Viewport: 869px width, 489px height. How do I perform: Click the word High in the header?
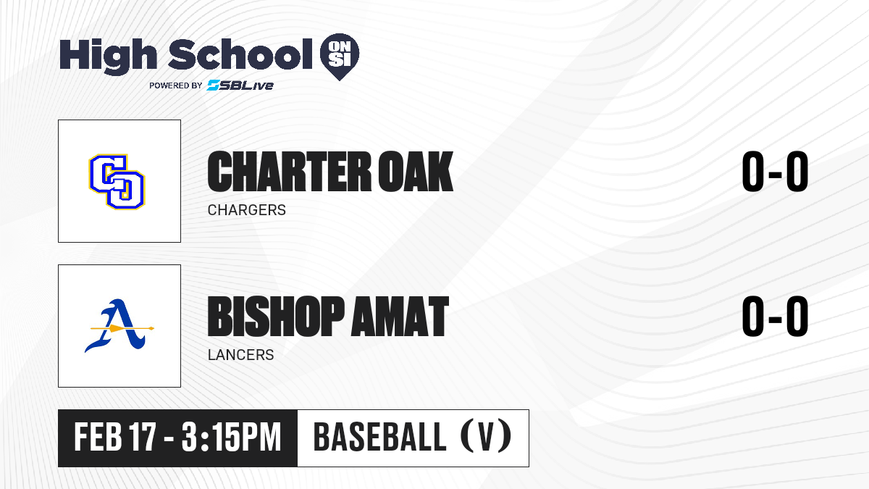tap(108, 56)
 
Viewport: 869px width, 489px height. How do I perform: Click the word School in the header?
tap(240, 54)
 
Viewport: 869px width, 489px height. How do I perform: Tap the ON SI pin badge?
tap(340, 57)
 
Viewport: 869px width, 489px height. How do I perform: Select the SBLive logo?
tap(240, 85)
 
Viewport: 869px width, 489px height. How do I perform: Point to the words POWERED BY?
tap(176, 85)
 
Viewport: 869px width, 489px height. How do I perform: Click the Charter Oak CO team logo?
tap(117, 182)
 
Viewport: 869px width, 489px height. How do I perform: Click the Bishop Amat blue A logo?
tap(119, 326)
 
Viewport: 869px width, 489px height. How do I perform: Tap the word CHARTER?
tap(290, 172)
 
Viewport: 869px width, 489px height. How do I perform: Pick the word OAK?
tap(416, 172)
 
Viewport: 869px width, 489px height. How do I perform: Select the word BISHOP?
tap(276, 317)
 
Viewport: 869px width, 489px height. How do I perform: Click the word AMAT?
tap(400, 317)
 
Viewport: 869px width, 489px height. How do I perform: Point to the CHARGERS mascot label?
tap(247, 210)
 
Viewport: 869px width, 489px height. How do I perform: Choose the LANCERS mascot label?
tap(241, 355)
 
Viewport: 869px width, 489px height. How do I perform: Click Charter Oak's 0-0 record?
tap(775, 172)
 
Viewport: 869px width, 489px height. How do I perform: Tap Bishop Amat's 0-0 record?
tap(775, 317)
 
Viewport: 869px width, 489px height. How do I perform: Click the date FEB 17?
tap(115, 437)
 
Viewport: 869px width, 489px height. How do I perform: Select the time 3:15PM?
tap(231, 437)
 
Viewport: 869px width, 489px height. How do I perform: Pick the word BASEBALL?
tap(379, 437)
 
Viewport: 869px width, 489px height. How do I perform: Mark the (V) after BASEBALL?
tap(486, 436)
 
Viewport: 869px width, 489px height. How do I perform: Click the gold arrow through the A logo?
tap(122, 329)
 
